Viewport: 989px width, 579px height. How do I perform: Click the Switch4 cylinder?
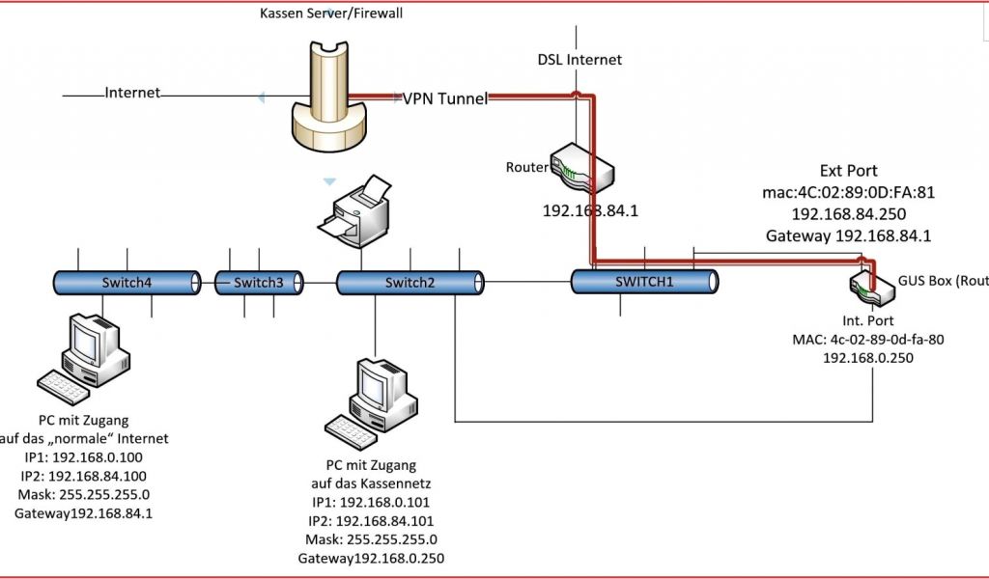pos(127,282)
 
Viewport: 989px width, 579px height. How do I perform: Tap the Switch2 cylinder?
pos(410,282)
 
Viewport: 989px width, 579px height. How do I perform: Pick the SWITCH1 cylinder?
pos(644,281)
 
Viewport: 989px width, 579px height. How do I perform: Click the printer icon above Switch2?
pos(359,214)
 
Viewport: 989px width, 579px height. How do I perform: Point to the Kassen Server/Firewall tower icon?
pos(329,96)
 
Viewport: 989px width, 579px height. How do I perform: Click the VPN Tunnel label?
pos(445,98)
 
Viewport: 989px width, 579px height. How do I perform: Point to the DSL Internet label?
pos(579,60)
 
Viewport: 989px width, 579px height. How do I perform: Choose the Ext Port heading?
pos(849,171)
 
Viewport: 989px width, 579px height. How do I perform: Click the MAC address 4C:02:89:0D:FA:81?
pos(849,192)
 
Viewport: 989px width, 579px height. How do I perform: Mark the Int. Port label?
pos(868,320)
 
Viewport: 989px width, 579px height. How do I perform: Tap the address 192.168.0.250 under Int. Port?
pos(868,357)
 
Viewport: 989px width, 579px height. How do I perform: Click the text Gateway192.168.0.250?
pos(371,558)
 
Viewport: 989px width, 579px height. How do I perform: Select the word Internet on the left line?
pos(132,94)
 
